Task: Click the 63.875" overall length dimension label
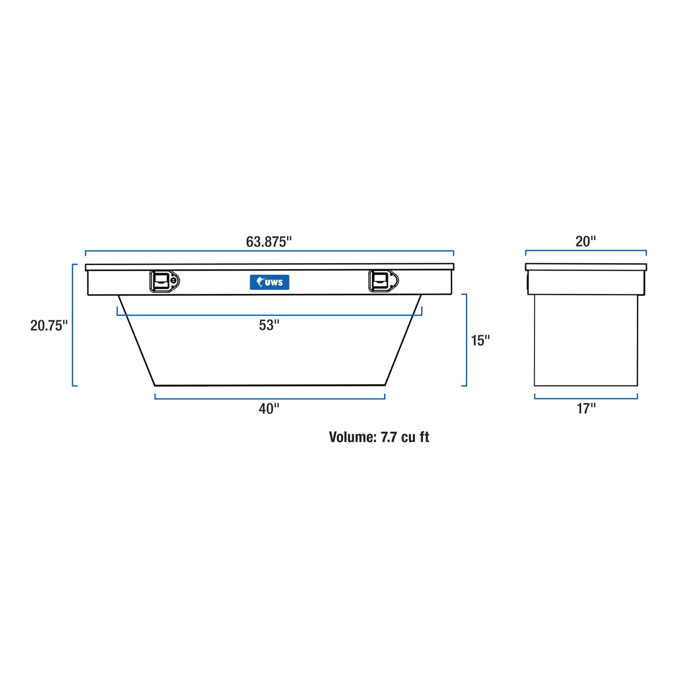coord(269,242)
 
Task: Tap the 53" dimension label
coord(269,325)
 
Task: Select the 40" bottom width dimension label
coord(269,409)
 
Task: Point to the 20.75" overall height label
coord(49,325)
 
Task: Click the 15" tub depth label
coord(480,341)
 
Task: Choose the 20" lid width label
coord(585,242)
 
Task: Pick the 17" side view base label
coord(586,409)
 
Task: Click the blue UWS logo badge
coord(270,282)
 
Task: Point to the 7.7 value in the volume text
coord(389,437)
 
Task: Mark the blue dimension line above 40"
coord(270,398)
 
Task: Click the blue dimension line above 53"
coord(270,315)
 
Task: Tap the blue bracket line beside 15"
coord(466,340)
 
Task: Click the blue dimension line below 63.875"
coord(270,251)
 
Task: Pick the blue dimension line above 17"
coord(586,398)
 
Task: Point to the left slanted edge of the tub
coord(137,341)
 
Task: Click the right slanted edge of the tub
coord(403,340)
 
